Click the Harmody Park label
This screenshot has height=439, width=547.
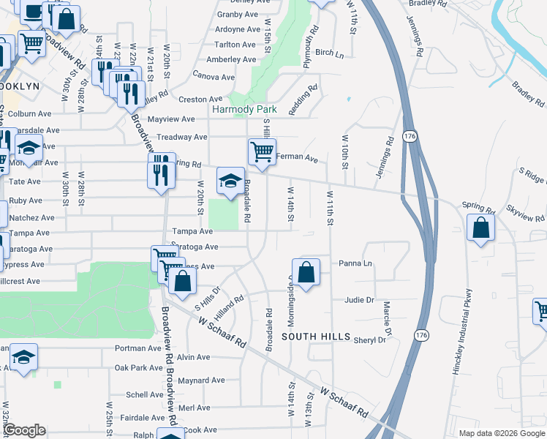click(244, 109)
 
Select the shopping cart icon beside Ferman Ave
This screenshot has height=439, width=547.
click(262, 152)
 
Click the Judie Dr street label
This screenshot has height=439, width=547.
click(359, 300)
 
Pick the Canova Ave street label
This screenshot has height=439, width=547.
click(214, 76)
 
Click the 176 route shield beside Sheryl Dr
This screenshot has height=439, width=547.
click(420, 334)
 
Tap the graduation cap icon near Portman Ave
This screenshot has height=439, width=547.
click(24, 358)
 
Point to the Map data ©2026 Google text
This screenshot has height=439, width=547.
click(501, 433)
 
